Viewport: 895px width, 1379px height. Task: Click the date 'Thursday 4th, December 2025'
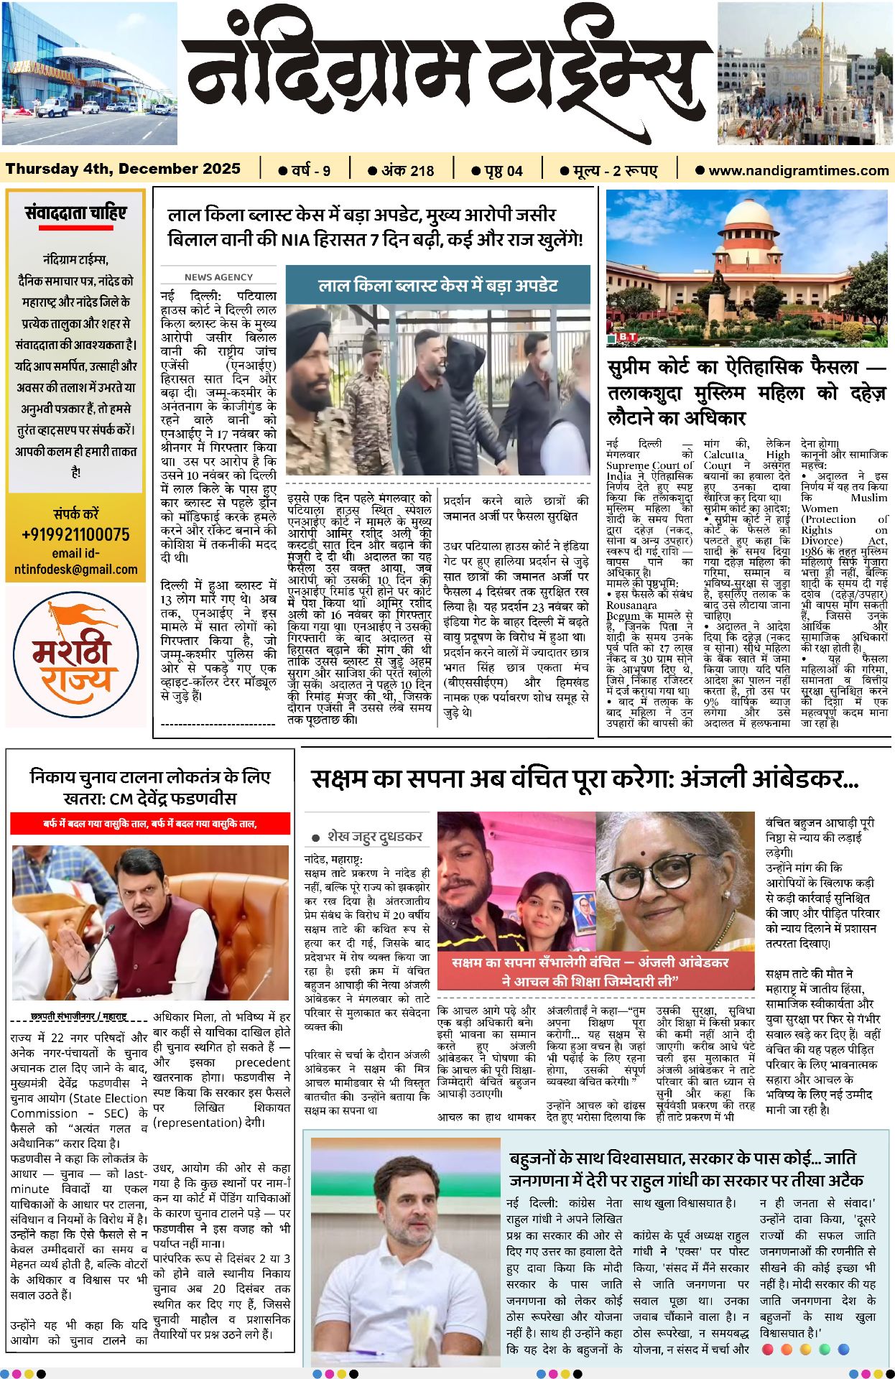coord(123,169)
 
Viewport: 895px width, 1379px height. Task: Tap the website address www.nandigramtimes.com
coord(798,171)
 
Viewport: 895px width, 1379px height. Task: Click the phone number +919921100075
coord(75,534)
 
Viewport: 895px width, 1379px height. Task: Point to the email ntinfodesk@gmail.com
coord(75,570)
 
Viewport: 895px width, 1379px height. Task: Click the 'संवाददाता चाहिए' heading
coord(75,213)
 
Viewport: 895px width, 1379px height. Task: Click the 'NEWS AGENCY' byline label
coord(218,277)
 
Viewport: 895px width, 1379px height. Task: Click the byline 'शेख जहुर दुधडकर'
coord(374,837)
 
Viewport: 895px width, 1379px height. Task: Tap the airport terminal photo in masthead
coord(89,73)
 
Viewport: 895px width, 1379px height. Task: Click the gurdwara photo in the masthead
coord(805,73)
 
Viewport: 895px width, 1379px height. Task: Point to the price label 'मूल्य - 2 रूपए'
coord(615,171)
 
